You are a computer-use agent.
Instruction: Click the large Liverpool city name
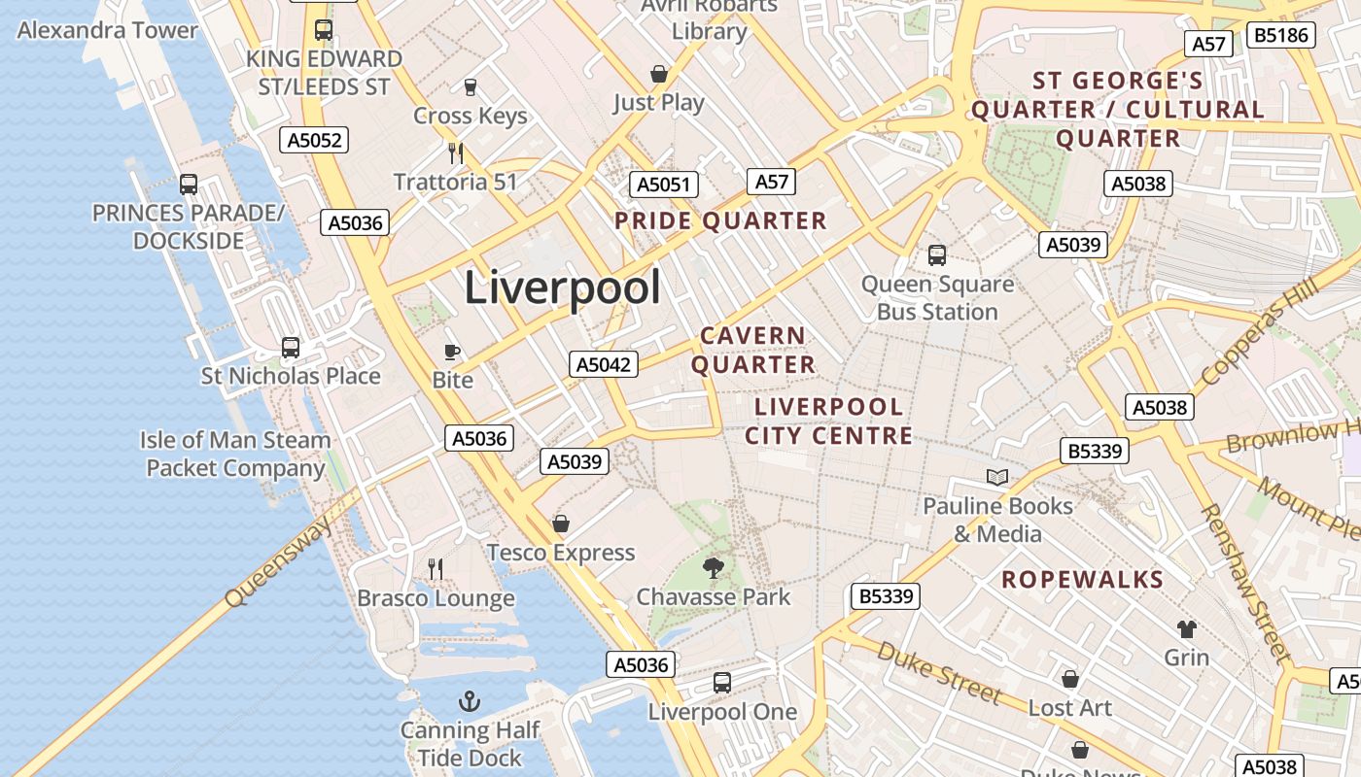(x=562, y=288)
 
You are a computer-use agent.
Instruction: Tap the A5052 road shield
(x=315, y=140)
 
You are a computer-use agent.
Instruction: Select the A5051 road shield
(x=664, y=185)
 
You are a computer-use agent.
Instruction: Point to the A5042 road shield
(x=604, y=364)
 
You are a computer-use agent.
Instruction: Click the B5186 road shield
(x=1282, y=36)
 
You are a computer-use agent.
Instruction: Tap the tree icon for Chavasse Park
(x=714, y=567)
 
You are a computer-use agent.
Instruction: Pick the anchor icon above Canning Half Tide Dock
(x=470, y=700)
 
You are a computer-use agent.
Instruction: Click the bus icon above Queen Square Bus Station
(x=937, y=254)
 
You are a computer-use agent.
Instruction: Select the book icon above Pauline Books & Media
(x=997, y=477)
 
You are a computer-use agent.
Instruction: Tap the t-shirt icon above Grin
(x=1187, y=628)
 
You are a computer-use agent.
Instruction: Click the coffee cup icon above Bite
(x=452, y=351)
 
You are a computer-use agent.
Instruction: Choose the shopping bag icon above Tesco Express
(x=561, y=524)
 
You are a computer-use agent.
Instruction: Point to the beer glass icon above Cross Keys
(x=471, y=87)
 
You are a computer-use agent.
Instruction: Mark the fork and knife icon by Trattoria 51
(x=455, y=152)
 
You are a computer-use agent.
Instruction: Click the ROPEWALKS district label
(x=1082, y=580)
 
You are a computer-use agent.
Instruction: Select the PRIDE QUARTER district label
(x=720, y=220)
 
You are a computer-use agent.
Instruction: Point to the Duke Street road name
(x=938, y=671)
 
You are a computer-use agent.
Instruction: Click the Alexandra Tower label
(x=107, y=30)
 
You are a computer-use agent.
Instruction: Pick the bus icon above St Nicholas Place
(x=290, y=347)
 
